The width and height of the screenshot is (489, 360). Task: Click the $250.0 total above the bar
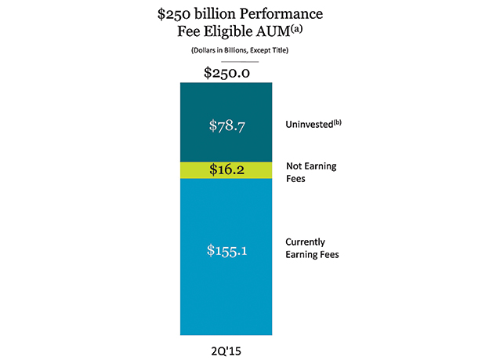pos(226,73)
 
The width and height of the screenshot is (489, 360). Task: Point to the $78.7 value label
pos(226,125)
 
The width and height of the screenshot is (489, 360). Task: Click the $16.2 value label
pos(226,170)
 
